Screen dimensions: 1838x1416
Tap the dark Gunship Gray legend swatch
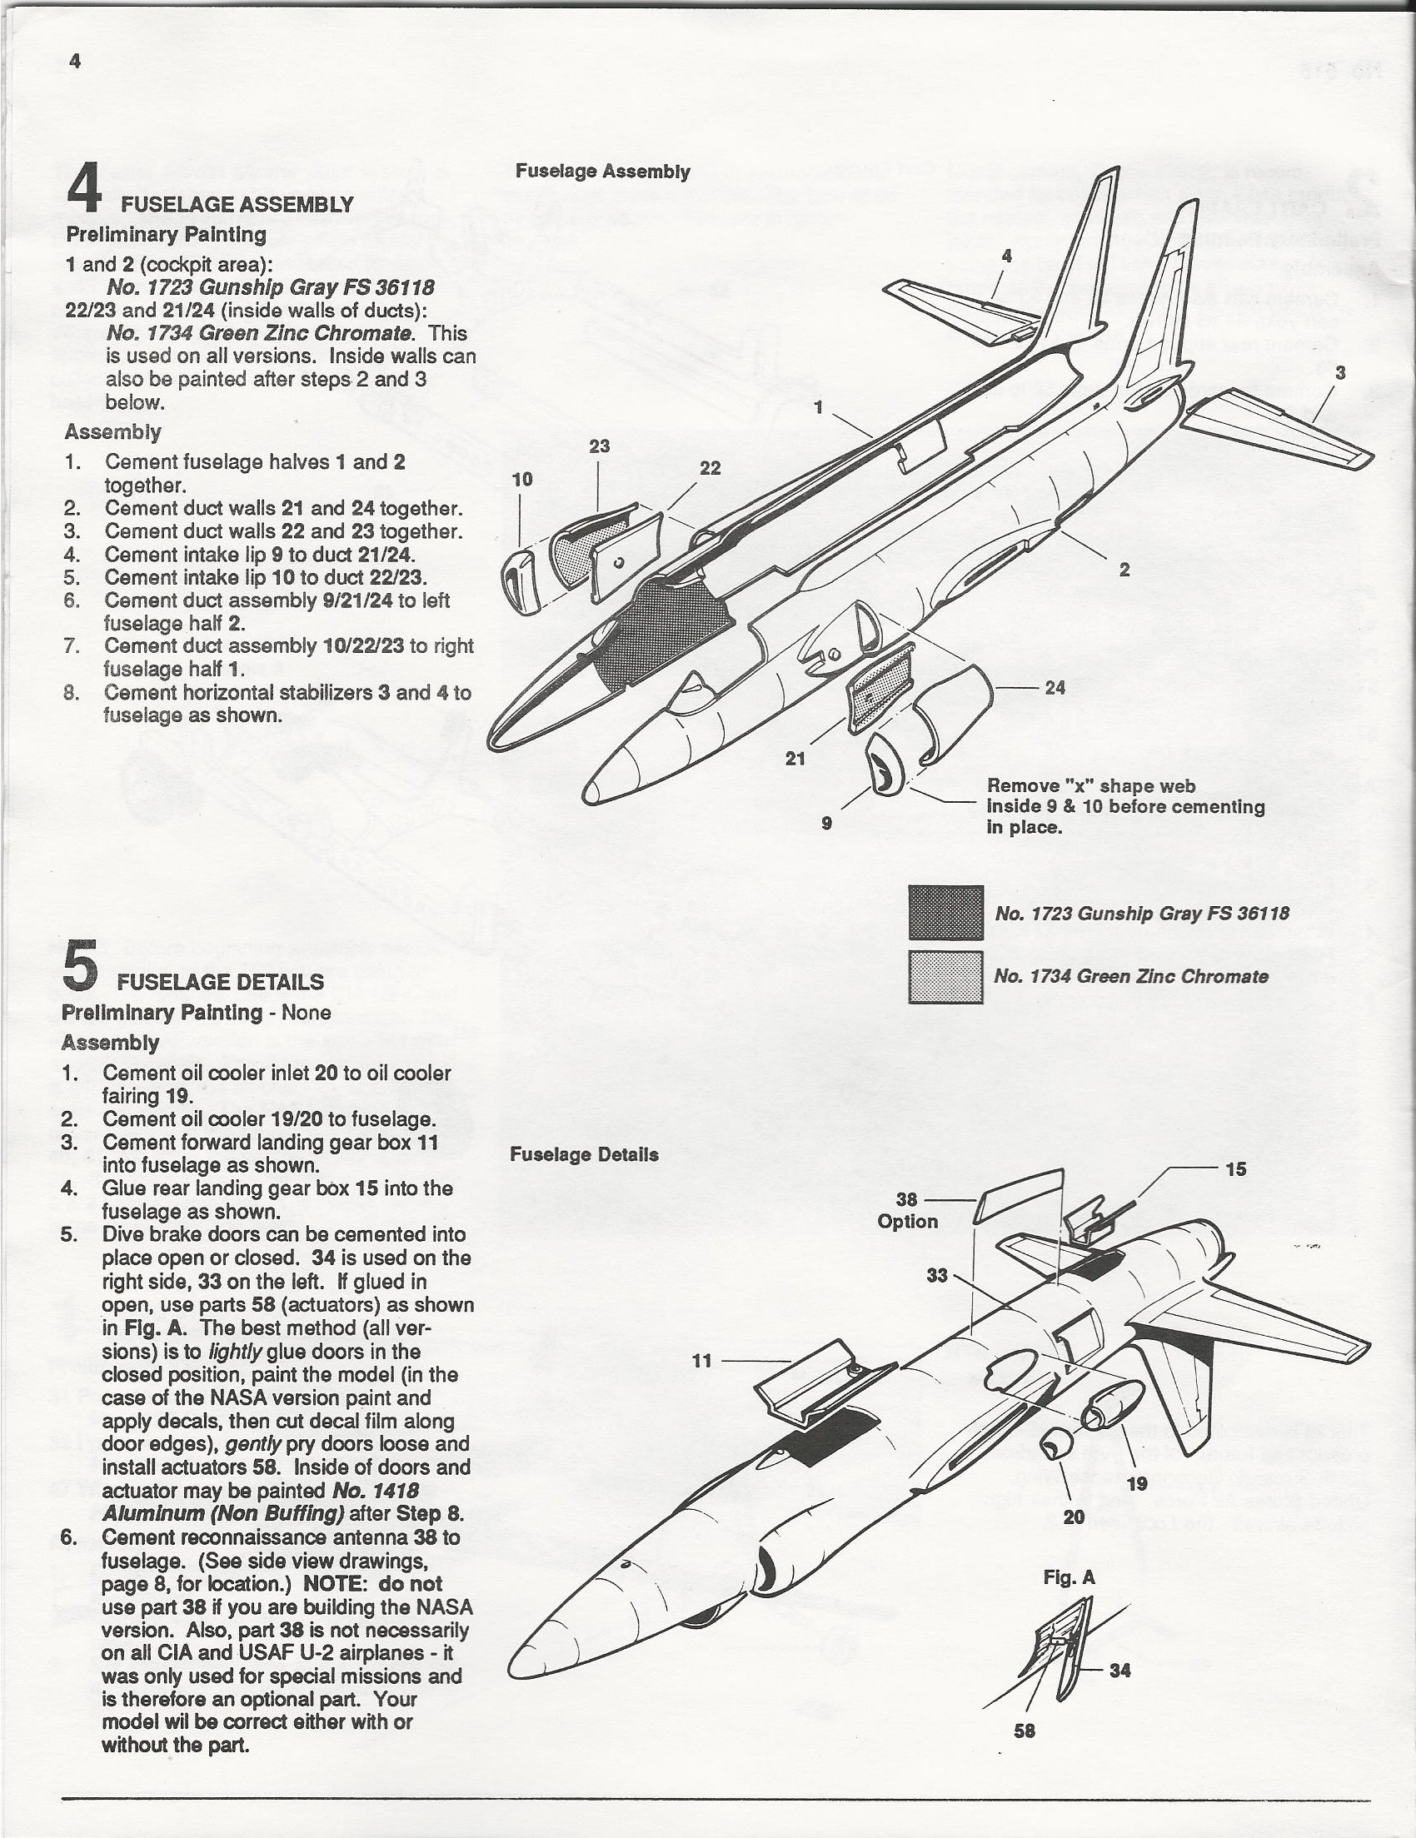pyautogui.click(x=945, y=912)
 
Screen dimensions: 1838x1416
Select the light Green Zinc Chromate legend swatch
pyautogui.click(x=945, y=976)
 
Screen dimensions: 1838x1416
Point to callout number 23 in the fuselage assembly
pyautogui.click(x=600, y=446)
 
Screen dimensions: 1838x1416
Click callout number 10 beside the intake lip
pyautogui.click(x=522, y=479)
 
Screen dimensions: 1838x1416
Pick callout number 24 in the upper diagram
pyautogui.click(x=1055, y=688)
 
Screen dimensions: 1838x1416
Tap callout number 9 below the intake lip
pyautogui.click(x=827, y=823)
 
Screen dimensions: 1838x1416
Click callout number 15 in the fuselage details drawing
pyautogui.click(x=1235, y=1169)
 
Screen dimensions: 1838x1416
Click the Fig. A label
pyautogui.click(x=1069, y=1578)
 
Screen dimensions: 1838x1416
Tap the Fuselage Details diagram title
pyautogui.click(x=584, y=1154)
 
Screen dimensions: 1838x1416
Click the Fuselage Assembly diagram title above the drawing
pyautogui.click(x=603, y=172)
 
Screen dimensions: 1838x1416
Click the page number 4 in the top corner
pyautogui.click(x=75, y=62)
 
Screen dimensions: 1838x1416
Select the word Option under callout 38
pyautogui.click(x=907, y=1221)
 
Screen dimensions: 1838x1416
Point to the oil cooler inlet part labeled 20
pyautogui.click(x=1055, y=1446)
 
